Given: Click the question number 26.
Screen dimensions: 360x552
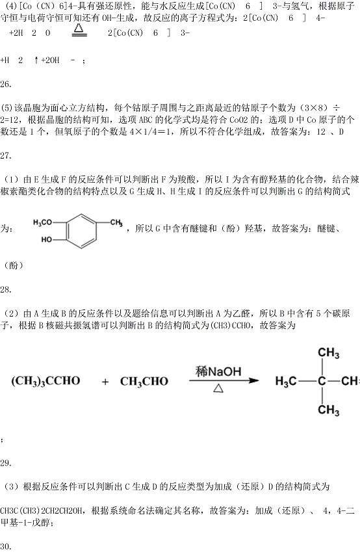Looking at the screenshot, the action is point(6,84).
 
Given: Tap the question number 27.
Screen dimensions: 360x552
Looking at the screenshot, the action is point(6,155).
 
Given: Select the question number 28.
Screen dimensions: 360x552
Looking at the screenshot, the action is point(6,290).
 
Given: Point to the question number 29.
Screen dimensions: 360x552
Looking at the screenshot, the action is point(6,463).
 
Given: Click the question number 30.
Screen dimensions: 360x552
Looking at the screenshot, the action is point(6,546).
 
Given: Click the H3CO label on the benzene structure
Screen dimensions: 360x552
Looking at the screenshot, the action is point(42,222).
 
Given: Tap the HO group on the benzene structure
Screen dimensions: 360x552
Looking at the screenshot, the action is point(46,239).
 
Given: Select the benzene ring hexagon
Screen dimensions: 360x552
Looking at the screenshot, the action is point(81,231).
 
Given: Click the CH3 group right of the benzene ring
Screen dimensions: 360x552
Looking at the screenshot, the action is point(116,223).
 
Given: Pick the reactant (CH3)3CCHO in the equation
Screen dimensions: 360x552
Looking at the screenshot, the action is point(45,381).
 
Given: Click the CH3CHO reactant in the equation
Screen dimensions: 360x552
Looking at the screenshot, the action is point(144,381).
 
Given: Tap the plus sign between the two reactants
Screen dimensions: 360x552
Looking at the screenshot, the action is point(105,382).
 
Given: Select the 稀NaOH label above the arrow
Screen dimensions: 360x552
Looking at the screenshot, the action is point(218,371).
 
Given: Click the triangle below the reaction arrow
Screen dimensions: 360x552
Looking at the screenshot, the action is point(218,388).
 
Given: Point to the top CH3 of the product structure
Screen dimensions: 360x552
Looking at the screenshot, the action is point(328,353).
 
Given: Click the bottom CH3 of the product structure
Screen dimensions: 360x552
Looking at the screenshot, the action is point(328,410).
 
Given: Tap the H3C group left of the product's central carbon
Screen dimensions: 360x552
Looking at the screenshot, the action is point(286,381).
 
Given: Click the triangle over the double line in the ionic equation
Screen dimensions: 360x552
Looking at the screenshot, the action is point(79,27).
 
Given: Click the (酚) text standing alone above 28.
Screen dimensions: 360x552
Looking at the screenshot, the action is point(14,265).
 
